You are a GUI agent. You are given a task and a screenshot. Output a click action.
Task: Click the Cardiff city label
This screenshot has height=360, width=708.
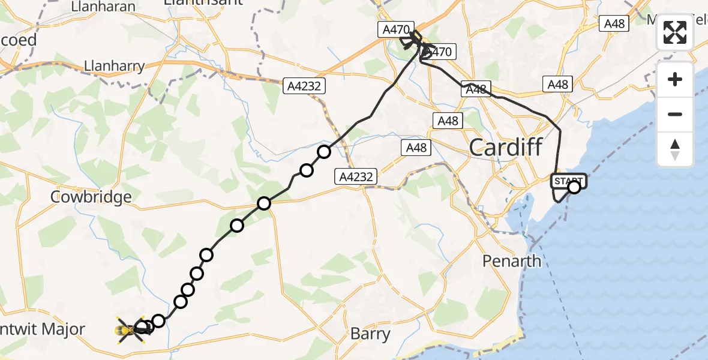[506, 147]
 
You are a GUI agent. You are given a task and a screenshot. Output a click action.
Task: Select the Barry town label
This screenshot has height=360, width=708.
[370, 334]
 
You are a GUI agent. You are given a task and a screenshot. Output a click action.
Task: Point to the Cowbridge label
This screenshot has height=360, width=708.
[91, 197]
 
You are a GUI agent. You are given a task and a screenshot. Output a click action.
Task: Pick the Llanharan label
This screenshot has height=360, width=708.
[103, 7]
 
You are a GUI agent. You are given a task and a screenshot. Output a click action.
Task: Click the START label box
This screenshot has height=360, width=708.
[566, 180]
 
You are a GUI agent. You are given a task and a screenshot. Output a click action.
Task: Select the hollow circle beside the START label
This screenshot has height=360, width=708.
[574, 187]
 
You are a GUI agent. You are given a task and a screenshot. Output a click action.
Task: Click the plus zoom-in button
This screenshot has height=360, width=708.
[675, 79]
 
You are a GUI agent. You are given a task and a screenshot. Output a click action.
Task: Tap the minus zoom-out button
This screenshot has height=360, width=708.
[675, 114]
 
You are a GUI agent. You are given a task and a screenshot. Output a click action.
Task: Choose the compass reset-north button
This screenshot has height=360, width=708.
[675, 149]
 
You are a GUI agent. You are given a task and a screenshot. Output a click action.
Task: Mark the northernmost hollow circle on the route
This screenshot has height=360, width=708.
[324, 152]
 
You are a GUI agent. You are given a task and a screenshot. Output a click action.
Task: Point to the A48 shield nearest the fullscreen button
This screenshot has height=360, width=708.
[614, 23]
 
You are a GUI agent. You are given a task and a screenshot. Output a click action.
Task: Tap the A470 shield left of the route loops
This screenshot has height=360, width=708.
[397, 29]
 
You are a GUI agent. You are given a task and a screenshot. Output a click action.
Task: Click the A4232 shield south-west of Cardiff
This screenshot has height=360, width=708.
[356, 177]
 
